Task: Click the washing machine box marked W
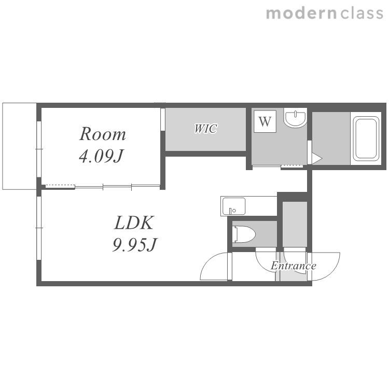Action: pos(265,121)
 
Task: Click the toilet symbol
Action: pos(244,234)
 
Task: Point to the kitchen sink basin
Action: pos(234,206)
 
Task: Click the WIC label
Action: pos(206,129)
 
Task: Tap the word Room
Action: pos(103,134)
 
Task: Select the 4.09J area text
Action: pos(101,156)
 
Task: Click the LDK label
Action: pos(134,223)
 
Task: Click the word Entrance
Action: pos(294,266)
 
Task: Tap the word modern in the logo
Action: pos(301,13)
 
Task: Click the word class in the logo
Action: pos(362,13)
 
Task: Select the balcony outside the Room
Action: pos(19,146)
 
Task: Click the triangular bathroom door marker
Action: pos(316,158)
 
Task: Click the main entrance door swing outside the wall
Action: pos(332,273)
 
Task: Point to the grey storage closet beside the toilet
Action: pos(295,224)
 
